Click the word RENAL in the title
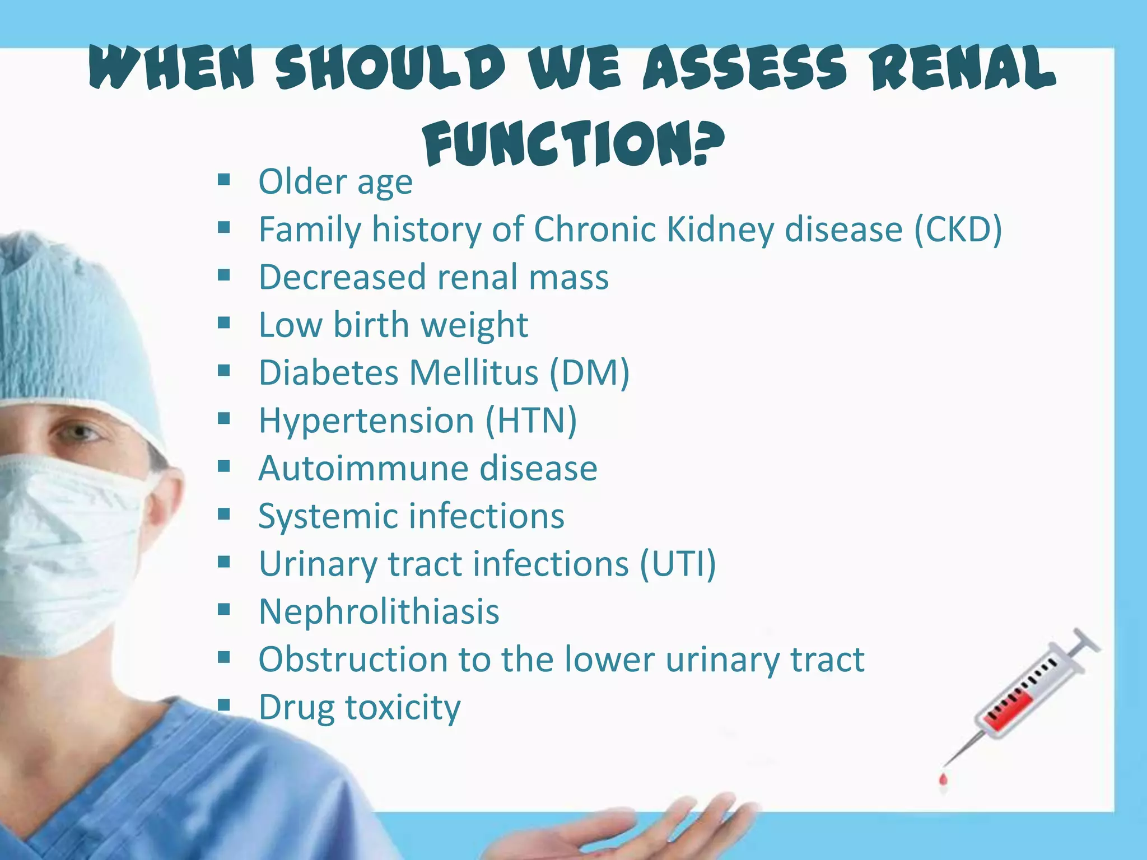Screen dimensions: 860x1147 pyautogui.click(x=963, y=68)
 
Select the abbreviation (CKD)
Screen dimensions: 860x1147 pyautogui.click(x=958, y=230)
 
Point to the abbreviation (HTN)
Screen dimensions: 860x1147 pyautogui.click(x=530, y=420)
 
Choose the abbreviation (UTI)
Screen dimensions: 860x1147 pyautogui.click(x=678, y=564)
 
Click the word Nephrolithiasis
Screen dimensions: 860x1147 pyautogui.click(x=379, y=611)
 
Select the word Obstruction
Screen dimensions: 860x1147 pyautogui.click(x=353, y=659)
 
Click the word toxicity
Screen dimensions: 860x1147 pyautogui.click(x=403, y=708)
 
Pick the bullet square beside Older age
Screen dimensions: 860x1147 pyautogui.click(x=224, y=180)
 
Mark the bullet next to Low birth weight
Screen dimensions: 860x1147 pyautogui.click(x=224, y=323)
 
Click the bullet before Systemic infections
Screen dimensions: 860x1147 pyautogui.click(x=224, y=514)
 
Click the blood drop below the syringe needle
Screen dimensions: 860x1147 pyautogui.click(x=943, y=779)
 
